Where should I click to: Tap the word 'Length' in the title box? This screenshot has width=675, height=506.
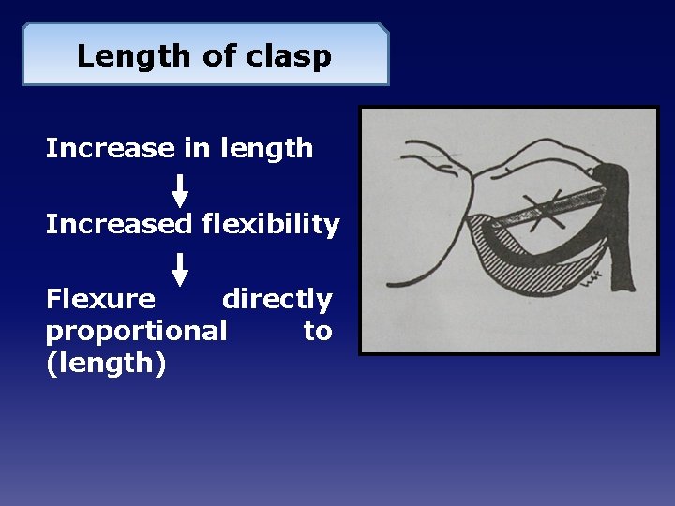click(135, 56)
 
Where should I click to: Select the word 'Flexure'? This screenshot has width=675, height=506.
click(100, 300)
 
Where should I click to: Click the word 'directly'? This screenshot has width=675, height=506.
click(277, 300)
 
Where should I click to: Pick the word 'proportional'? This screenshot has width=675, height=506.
click(136, 331)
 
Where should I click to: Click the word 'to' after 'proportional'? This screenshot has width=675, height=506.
click(317, 331)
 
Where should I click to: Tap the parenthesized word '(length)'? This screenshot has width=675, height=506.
click(106, 363)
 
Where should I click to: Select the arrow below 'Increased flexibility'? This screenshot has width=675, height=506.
click(180, 268)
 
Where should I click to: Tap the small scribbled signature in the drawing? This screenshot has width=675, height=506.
click(591, 275)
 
